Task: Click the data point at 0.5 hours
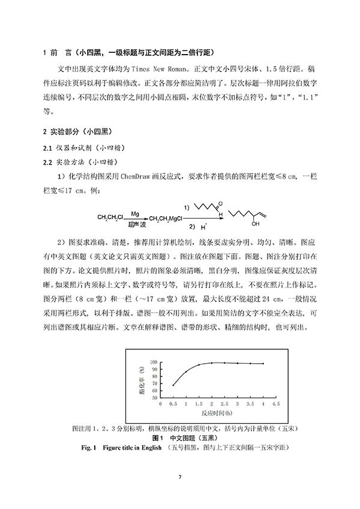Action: (x=173, y=385)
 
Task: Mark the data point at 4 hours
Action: (x=263, y=364)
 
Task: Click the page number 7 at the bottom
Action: (x=180, y=477)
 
